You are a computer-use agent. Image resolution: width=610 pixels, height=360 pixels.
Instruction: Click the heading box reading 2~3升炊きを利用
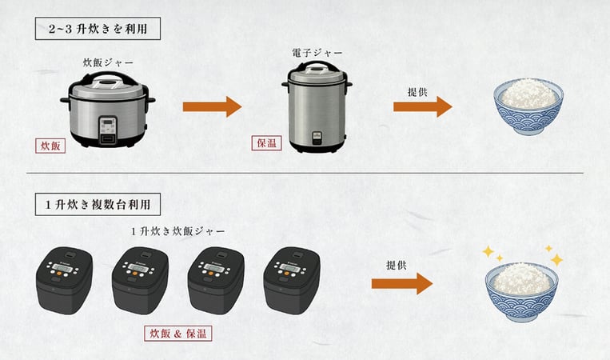98,30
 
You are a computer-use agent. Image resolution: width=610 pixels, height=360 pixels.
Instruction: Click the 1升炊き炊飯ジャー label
177,230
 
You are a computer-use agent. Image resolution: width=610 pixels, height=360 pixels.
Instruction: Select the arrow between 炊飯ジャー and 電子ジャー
212,106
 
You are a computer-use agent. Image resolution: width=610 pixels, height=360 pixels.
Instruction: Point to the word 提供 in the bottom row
397,264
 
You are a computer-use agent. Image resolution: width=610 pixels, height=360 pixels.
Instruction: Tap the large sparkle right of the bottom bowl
556,259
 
